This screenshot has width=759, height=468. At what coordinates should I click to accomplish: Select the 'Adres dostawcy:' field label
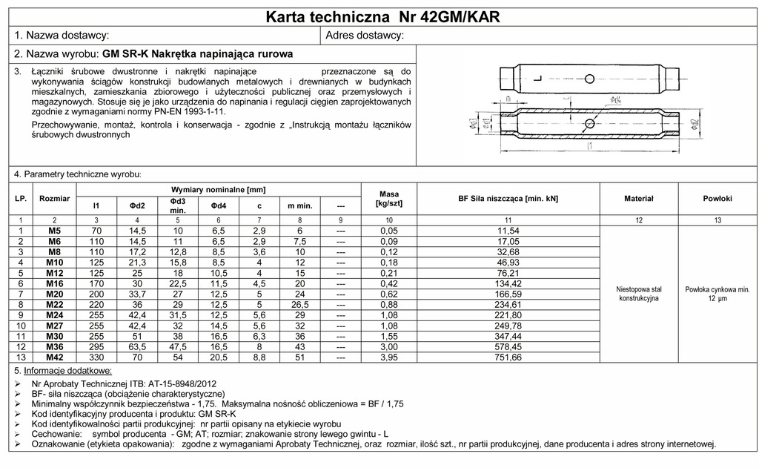pos(365,36)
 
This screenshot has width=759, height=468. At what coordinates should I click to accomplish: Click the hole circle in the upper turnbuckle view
pos(588,79)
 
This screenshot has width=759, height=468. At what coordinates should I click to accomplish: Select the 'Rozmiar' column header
pos(55,199)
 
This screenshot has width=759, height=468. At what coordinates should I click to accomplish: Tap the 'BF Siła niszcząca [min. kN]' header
pos(508,199)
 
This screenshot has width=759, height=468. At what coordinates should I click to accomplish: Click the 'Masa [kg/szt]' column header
pos(389,199)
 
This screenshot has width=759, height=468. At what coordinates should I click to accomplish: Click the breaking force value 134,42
pos(508,283)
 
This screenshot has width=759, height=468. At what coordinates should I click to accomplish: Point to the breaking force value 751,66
pos(508,357)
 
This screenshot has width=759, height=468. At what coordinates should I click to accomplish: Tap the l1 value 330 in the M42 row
pos(96,357)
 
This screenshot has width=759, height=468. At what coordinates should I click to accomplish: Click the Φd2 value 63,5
pos(138,346)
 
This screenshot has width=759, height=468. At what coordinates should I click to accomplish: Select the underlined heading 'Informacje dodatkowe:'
pos(68,370)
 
